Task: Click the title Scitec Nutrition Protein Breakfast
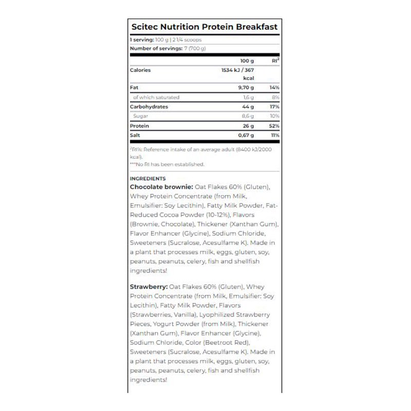point(204,27)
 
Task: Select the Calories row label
point(140,70)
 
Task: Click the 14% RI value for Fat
point(274,88)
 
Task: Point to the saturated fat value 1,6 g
point(248,97)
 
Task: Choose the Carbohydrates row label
point(149,106)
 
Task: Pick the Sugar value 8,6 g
point(248,116)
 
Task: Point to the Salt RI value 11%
point(275,135)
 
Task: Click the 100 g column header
point(247,61)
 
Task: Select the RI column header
point(275,61)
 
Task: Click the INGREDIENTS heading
point(148,179)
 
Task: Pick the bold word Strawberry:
point(149,287)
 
